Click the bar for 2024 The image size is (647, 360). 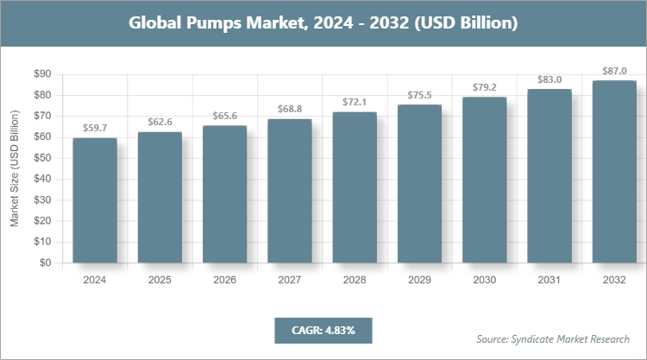click(x=95, y=200)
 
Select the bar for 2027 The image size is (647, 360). click(x=290, y=191)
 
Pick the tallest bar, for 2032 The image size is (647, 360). click(x=614, y=172)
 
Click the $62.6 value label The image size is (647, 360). click(x=160, y=123)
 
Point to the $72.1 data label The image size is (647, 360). click(x=355, y=103)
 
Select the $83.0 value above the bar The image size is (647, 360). click(x=550, y=79)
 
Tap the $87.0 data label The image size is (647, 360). click(x=614, y=71)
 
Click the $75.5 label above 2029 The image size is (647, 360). click(x=419, y=95)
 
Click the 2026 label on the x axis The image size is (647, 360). click(x=224, y=280)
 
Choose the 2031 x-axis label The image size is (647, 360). click(x=550, y=280)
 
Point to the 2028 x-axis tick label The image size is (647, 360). click(x=355, y=280)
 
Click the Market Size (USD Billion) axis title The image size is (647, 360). click(x=15, y=169)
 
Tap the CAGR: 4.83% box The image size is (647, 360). click(x=323, y=330)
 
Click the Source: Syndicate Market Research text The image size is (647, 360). click(x=553, y=338)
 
